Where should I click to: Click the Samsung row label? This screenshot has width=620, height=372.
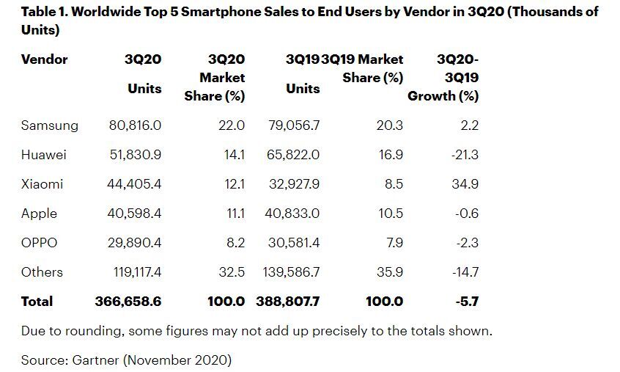(50, 125)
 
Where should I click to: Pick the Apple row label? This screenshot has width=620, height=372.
(40, 214)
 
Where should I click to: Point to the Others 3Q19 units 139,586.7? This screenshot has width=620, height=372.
(291, 272)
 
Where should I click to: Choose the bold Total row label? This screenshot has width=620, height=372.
(37, 302)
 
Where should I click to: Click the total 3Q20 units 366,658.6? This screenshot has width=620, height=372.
(128, 302)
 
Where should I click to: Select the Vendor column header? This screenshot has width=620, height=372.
(45, 59)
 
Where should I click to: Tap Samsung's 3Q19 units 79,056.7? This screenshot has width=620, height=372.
(292, 125)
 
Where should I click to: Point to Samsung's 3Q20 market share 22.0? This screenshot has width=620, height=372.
(232, 125)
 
